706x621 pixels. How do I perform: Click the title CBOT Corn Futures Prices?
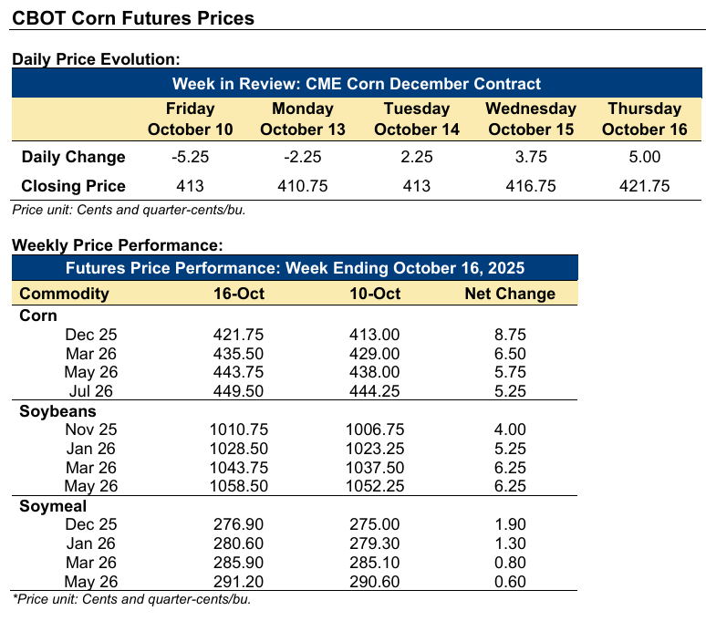[x=133, y=18]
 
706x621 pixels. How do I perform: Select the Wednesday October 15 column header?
[x=531, y=119]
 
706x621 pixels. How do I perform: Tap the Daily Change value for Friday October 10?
[x=191, y=157]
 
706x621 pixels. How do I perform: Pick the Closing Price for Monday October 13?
[x=303, y=186]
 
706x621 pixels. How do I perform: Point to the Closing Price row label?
[x=73, y=186]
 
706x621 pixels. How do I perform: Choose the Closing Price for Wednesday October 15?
[x=531, y=186]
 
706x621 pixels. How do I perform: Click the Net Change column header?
[x=510, y=294]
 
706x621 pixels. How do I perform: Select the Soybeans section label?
[x=52, y=410]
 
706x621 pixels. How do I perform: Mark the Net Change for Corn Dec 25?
[x=510, y=334]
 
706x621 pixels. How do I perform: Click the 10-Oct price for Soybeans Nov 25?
[x=374, y=429]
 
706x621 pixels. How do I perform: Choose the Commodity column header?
[x=64, y=294]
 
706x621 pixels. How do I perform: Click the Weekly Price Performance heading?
[x=117, y=245]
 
